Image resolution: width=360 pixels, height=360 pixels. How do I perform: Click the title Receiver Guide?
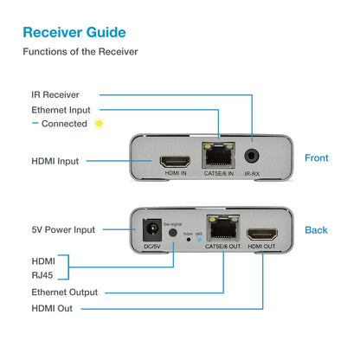click(74, 33)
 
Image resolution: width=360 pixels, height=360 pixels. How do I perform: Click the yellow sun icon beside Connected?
click(99, 124)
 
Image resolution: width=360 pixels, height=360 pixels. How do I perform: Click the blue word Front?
click(317, 157)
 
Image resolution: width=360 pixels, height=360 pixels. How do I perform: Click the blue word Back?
click(316, 229)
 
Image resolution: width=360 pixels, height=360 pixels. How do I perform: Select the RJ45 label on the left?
click(44, 276)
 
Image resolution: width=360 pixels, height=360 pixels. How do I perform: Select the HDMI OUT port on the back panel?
click(261, 233)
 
